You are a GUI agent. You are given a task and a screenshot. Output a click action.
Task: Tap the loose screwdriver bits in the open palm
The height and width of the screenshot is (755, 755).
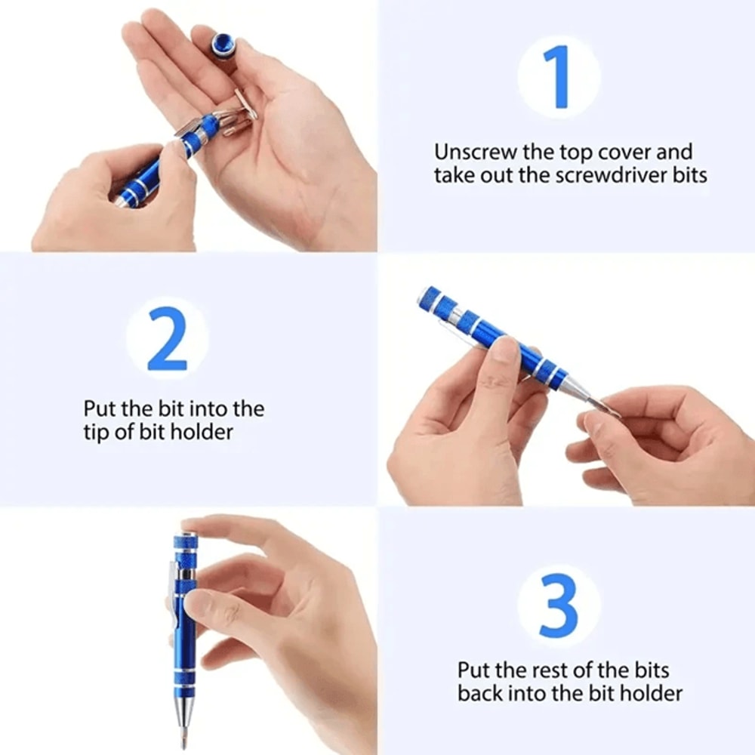point(236,113)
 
